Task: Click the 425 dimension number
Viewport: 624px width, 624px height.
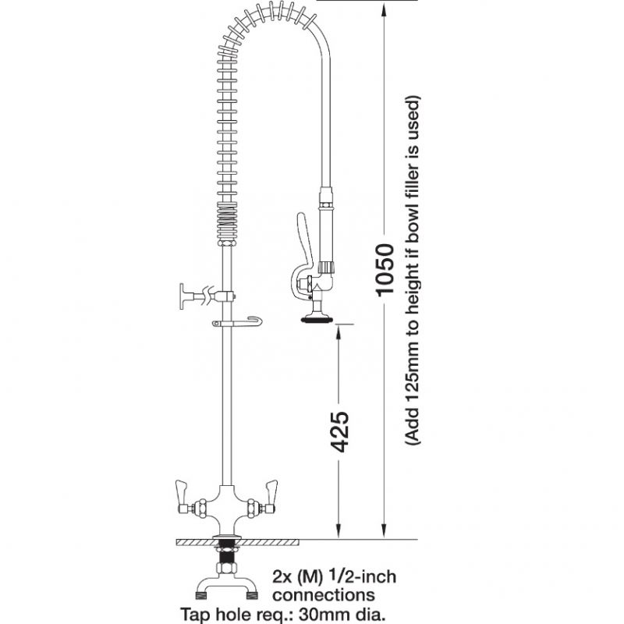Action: coord(339,431)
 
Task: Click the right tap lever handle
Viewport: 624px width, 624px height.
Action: coord(272,491)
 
